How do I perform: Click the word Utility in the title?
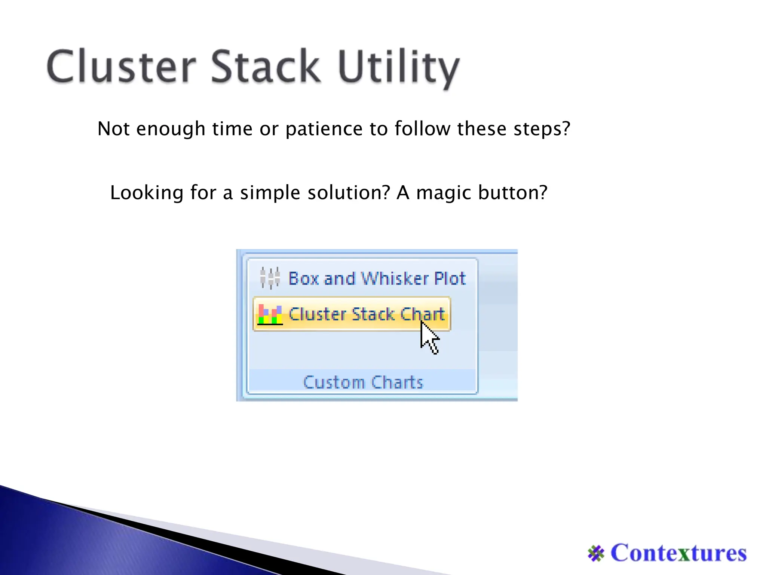point(398,67)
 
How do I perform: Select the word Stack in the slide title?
point(266,67)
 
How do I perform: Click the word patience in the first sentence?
point(324,129)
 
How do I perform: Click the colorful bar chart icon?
point(270,315)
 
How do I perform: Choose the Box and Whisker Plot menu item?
point(377,279)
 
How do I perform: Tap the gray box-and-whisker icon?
point(270,278)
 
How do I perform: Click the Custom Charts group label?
point(363,382)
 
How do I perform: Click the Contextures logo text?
point(678,553)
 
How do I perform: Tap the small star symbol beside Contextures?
point(596,553)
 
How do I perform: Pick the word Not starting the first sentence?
point(113,129)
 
